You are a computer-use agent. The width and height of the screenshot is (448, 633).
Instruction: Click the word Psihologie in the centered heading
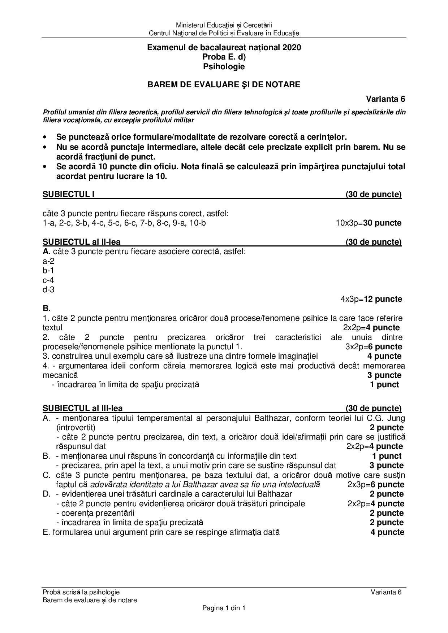click(x=224, y=66)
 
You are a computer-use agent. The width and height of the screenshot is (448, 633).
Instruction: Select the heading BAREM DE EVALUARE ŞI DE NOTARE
click(x=224, y=84)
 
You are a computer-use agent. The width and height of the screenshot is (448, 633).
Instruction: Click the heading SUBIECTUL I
click(x=69, y=195)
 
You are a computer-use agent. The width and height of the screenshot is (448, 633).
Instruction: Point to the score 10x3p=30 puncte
click(x=369, y=223)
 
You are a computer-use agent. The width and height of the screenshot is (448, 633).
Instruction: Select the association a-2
click(x=48, y=261)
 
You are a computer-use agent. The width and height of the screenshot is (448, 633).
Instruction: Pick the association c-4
click(x=48, y=280)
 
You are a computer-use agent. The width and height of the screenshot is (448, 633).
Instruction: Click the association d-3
click(x=48, y=289)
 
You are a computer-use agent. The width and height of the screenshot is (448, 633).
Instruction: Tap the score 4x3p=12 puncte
click(x=371, y=299)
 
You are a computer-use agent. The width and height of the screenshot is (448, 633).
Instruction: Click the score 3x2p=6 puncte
click(x=374, y=347)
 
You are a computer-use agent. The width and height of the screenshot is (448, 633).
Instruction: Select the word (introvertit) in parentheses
click(x=76, y=428)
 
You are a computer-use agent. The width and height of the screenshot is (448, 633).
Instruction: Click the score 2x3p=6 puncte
click(x=376, y=485)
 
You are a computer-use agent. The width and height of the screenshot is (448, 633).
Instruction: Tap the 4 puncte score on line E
click(x=387, y=532)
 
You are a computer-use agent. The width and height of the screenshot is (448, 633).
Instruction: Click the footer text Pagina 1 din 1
click(x=224, y=608)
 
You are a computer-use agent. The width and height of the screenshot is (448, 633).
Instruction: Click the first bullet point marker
click(x=45, y=137)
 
